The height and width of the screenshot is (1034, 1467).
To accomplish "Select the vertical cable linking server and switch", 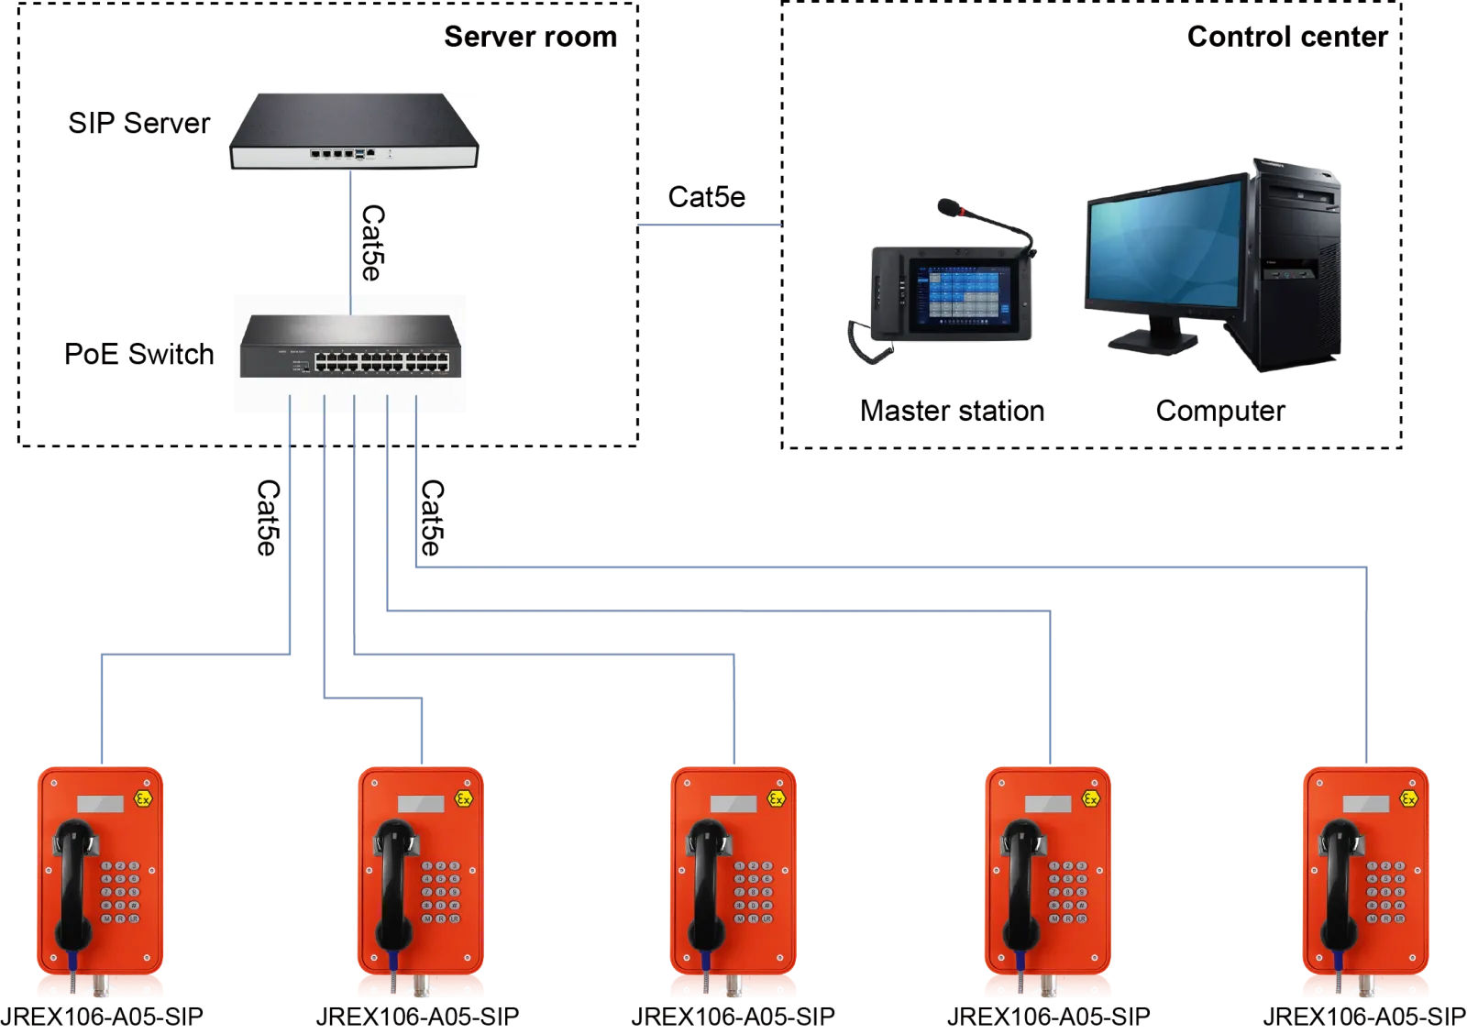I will (x=349, y=234).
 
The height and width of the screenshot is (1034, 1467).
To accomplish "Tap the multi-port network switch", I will (x=348, y=347).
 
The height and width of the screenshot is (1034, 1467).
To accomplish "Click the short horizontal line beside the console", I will (x=706, y=223).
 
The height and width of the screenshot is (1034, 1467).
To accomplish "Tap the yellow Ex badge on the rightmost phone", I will (x=1410, y=800).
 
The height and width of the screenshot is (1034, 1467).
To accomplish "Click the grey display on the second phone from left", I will (x=421, y=804).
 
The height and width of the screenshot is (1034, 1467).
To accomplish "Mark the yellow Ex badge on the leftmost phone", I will (x=143, y=799).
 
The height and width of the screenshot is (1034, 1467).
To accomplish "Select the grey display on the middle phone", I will (x=734, y=804).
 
